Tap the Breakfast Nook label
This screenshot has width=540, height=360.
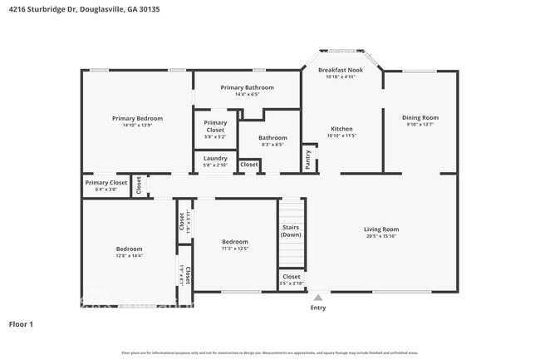[x=341, y=70]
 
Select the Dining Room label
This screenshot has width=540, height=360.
[x=420, y=118]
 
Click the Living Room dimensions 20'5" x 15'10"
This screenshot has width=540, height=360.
[x=381, y=236]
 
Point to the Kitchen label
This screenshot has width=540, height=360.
[x=341, y=129]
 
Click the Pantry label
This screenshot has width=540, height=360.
[x=308, y=160]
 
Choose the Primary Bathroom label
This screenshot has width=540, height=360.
[x=248, y=87]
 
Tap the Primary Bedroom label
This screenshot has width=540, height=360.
[x=137, y=118]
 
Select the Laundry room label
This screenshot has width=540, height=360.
[x=215, y=158]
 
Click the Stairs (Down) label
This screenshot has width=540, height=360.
[x=291, y=230]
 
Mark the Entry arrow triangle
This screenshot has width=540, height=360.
[x=318, y=296]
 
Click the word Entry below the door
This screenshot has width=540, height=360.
[x=318, y=308]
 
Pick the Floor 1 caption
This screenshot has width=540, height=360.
[x=21, y=323]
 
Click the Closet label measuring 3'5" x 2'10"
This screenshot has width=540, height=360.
[x=291, y=279]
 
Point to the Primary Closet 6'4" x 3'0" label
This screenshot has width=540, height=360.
[x=106, y=185]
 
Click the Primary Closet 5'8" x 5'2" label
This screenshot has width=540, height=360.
[x=215, y=126]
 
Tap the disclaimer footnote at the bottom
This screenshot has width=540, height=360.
[x=270, y=353]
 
